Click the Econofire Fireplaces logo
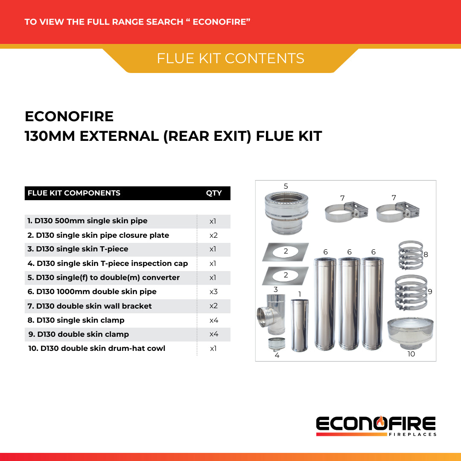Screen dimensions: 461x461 click(376, 426)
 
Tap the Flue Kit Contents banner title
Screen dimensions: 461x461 click(230, 58)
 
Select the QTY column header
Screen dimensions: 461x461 click(213, 193)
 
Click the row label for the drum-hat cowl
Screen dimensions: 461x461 click(97, 348)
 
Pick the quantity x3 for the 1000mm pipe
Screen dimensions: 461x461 click(213, 292)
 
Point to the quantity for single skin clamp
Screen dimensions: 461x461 click(213, 320)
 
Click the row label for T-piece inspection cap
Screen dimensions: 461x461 click(108, 263)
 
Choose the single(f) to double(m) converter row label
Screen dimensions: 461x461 click(104, 277)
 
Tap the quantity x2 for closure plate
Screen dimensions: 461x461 click(213, 235)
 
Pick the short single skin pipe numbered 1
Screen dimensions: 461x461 click(299, 325)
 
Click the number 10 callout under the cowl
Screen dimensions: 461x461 click(411, 354)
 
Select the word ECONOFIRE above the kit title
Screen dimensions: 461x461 click(69, 117)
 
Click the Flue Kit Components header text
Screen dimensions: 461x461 click(74, 193)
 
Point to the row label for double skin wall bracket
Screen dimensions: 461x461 click(90, 306)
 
